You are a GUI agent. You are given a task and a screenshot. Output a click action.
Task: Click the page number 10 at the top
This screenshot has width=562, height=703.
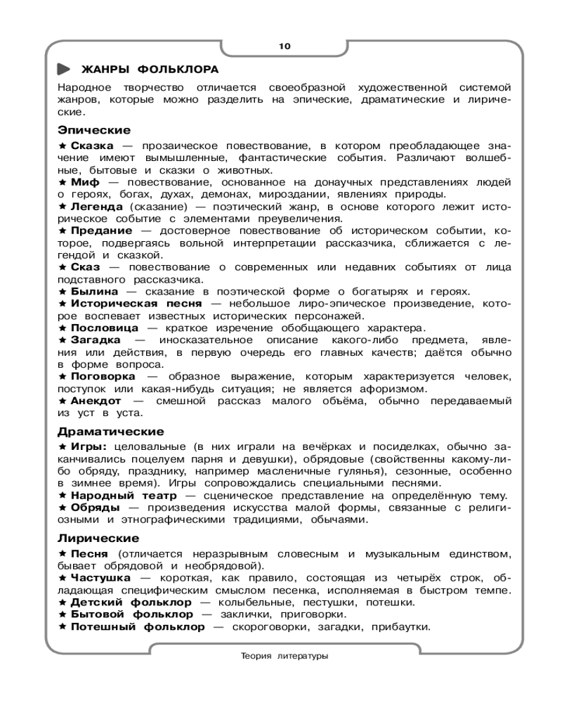284,46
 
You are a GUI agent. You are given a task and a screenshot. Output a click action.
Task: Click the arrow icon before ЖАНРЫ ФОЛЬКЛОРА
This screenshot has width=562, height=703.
64,70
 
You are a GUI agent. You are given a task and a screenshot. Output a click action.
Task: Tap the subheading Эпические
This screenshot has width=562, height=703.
94,130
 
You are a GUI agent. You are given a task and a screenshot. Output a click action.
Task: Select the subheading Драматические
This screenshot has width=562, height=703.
110,431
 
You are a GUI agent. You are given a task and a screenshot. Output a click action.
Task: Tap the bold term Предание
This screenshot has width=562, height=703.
101,231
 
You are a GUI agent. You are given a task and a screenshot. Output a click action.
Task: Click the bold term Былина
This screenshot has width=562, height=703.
95,291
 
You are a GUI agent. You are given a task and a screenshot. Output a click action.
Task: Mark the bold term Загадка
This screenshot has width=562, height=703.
96,340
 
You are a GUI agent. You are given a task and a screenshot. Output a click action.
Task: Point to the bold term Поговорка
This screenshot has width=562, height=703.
103,376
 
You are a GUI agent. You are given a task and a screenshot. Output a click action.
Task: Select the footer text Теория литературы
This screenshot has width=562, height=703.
284,656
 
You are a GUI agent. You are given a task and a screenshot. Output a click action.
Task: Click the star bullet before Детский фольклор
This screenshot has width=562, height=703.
63,602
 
